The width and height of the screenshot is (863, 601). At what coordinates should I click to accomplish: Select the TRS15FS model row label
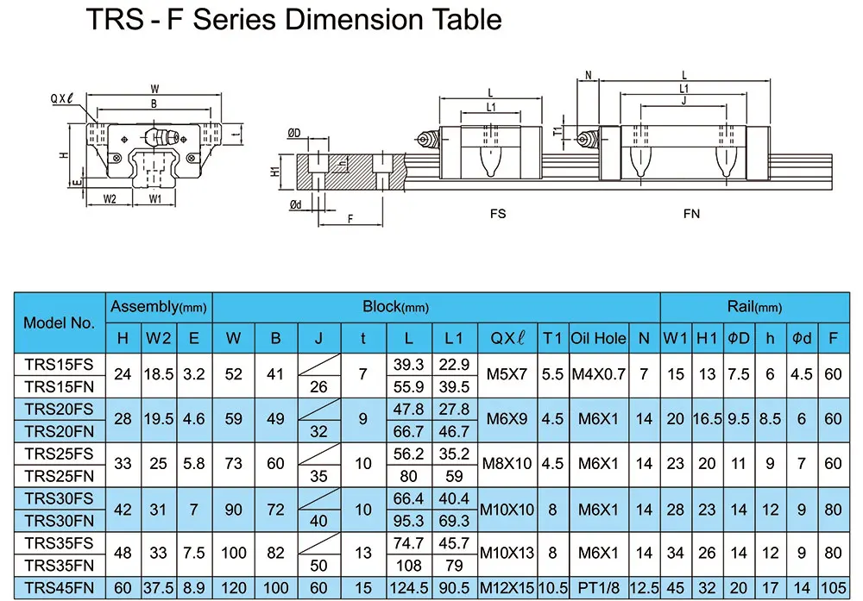pos(59,364)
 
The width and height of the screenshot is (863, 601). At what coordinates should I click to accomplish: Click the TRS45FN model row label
pos(59,588)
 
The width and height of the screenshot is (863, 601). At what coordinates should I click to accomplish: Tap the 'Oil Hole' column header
pos(598,338)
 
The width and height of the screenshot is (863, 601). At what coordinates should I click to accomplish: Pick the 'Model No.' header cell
pos(59,323)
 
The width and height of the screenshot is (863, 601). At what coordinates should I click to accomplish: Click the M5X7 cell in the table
pos(507,374)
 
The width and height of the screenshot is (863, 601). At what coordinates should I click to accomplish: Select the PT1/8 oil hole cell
pos(598,588)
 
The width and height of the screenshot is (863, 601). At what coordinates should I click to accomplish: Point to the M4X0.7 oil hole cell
pos(598,374)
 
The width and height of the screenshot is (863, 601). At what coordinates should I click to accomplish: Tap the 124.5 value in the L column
pos(408,588)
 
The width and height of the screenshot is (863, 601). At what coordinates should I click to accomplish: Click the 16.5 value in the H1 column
pos(708,419)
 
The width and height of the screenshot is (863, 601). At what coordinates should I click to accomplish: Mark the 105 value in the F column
pos(833,588)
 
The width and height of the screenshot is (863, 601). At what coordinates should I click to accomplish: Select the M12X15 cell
pos(507,588)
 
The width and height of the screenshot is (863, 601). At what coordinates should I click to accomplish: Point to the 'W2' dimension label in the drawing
pos(110,199)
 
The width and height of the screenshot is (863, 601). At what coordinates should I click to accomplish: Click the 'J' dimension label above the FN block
pos(683,100)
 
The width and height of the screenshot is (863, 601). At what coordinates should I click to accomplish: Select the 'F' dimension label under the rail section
pos(350,219)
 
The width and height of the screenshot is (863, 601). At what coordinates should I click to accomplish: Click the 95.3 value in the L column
pos(408,521)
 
